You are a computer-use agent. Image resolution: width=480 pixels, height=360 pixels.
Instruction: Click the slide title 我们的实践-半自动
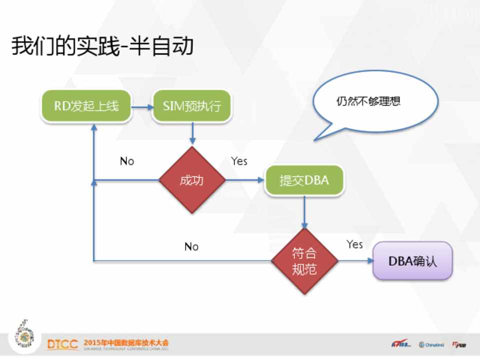[102, 46]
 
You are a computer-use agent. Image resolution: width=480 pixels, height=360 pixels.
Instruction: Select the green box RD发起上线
[86, 106]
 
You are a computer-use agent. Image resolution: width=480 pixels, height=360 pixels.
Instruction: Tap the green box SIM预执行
[192, 106]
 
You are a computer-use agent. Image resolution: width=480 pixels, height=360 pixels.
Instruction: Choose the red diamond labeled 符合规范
[304, 261]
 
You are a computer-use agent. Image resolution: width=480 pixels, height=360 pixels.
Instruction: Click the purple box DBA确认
[412, 261]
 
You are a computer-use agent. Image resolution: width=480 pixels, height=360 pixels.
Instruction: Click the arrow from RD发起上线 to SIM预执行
[142, 106]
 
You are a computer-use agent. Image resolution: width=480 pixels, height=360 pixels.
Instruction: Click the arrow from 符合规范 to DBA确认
[355, 261]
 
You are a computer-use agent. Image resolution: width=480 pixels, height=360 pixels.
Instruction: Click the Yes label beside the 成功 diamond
[239, 161]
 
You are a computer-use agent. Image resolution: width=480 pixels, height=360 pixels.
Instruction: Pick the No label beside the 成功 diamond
[127, 161]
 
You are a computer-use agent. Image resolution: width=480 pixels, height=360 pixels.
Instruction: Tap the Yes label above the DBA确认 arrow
[354, 244]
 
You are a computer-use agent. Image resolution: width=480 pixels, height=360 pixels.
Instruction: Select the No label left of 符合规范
[191, 246]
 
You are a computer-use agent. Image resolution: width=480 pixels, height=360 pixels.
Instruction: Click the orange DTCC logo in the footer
[62, 344]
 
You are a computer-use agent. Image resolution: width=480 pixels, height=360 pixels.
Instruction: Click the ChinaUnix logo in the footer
[431, 344]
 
